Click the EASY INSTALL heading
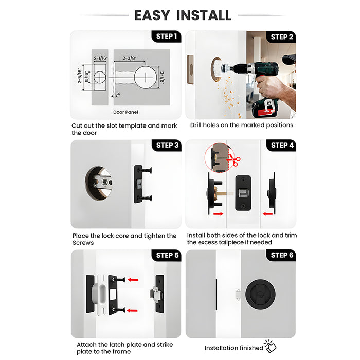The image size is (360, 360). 183,15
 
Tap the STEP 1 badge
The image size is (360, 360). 166,37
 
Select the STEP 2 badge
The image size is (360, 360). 282,37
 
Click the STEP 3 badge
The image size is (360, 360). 168,146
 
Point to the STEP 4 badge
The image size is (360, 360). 282,146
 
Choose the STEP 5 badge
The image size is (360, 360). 168,255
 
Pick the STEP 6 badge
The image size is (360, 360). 282,255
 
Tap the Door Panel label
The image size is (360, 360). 125,112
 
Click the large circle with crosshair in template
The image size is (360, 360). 146,78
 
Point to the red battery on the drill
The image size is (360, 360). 263,109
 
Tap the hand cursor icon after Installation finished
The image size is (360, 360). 270,346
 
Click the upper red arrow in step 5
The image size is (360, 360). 133,280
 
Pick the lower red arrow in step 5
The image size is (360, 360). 133,310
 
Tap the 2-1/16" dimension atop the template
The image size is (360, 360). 100,59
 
